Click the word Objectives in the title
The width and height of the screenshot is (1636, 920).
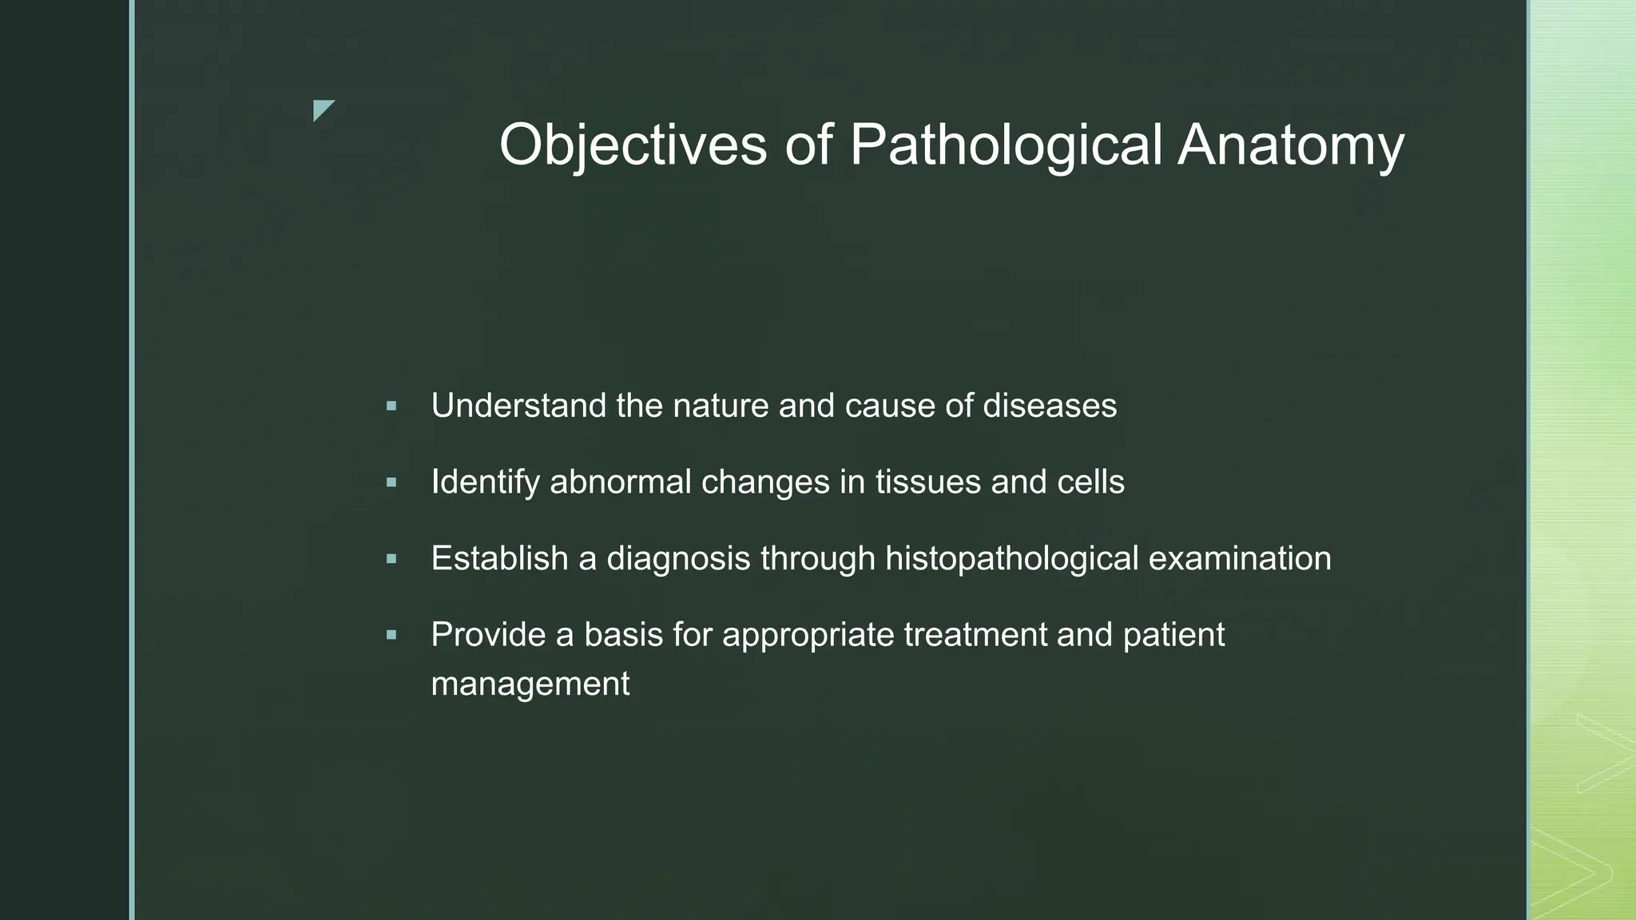[x=633, y=145]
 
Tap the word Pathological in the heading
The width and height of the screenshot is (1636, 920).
[x=1005, y=145]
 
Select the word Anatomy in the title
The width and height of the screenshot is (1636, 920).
[x=1290, y=145]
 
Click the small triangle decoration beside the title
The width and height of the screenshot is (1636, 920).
[x=321, y=109]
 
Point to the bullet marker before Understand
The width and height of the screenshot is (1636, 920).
[x=391, y=406]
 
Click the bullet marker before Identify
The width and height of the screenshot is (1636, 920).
[x=391, y=482]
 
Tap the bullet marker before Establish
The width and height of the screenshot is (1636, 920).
[x=391, y=559]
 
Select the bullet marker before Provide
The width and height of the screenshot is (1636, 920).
[x=391, y=636]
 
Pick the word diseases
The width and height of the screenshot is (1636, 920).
[x=1049, y=406]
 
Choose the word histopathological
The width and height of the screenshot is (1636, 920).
[x=1011, y=559]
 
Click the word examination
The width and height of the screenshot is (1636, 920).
[x=1240, y=559]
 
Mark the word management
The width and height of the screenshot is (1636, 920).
[x=530, y=684]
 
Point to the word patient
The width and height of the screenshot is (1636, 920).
[x=1173, y=635]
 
